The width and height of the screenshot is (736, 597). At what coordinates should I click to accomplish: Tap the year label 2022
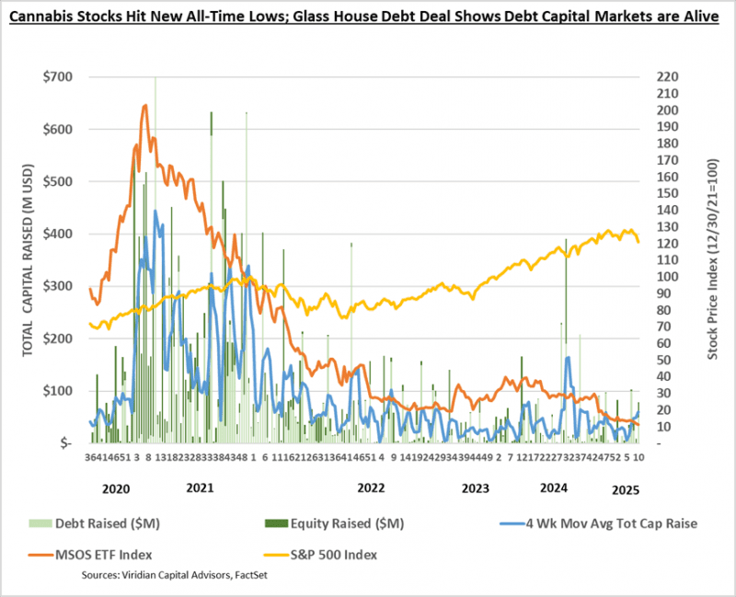(371, 487)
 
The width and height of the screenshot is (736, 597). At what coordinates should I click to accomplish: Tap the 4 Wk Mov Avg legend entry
(590, 522)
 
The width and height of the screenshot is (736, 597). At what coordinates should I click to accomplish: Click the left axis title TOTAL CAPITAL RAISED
(28, 259)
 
